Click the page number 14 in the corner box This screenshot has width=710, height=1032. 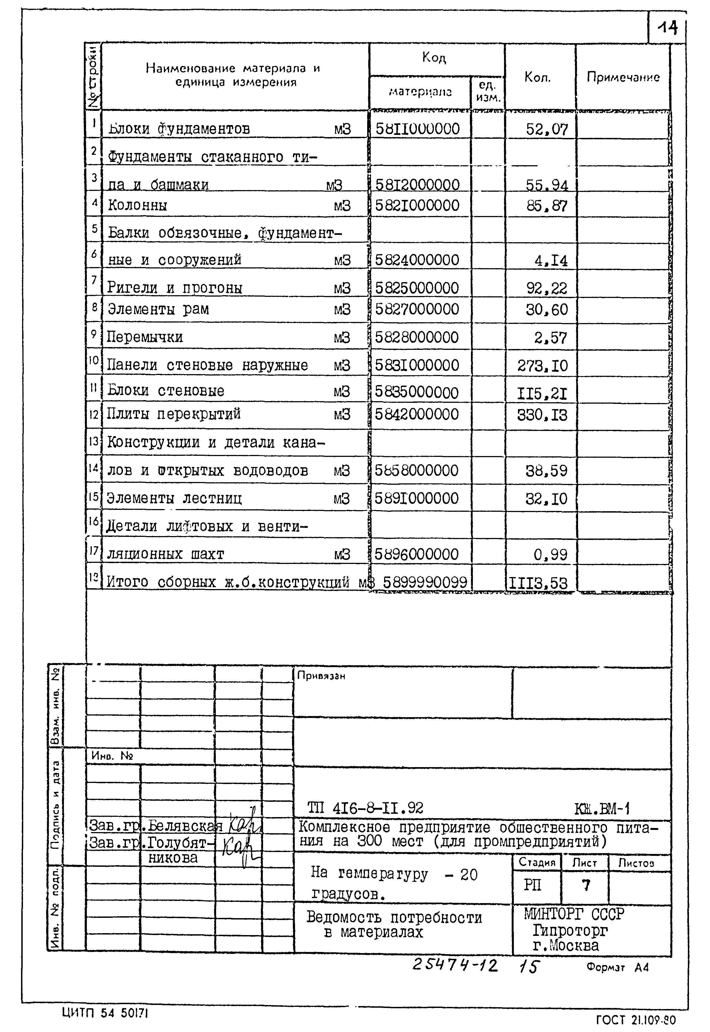point(667,28)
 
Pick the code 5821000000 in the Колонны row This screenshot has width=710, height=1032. point(417,205)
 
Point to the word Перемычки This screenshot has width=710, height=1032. point(145,337)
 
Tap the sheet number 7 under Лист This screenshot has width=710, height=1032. point(586,885)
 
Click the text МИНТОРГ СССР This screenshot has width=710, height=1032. point(574,914)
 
